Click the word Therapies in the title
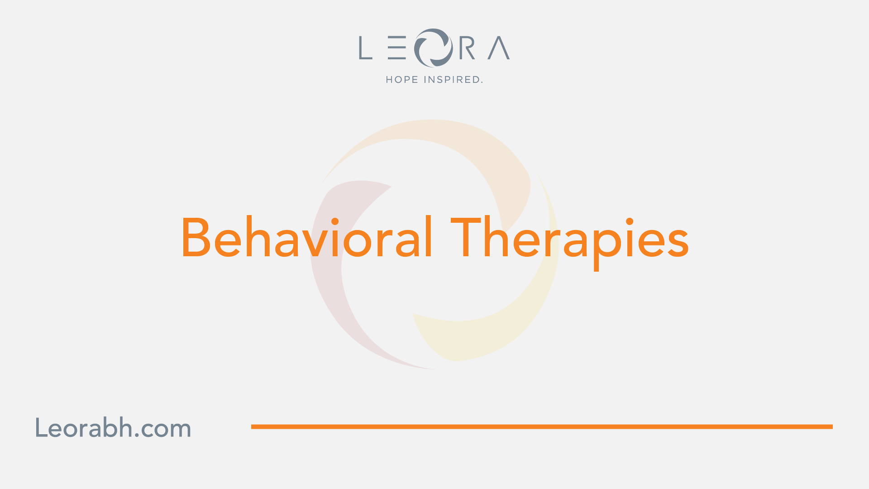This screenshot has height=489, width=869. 570,242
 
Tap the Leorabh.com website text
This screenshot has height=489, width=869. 113,428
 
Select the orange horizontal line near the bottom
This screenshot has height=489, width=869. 542,427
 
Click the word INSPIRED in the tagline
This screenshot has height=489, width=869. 452,80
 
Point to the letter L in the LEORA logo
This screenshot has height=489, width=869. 366,48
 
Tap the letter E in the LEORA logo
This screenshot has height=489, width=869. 397,48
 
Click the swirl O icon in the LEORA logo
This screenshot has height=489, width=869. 433,48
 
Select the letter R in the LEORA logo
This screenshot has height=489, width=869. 468,48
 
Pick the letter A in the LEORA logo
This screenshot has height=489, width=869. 499,48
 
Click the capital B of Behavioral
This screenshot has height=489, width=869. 196,237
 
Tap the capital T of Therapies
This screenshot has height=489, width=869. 465,237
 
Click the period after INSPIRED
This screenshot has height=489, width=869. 482,82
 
